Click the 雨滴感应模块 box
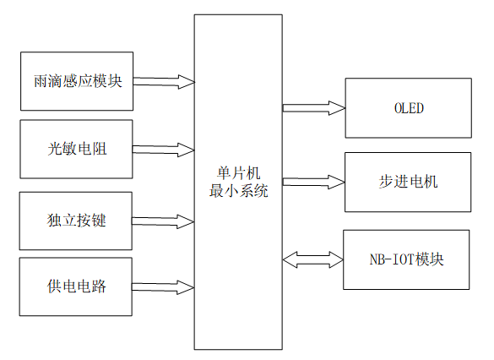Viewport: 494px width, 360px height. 76,81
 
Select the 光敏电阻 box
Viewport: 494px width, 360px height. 76,150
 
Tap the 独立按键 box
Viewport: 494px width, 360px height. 76,221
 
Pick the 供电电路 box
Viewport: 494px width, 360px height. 76,286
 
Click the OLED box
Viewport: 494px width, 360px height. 408,108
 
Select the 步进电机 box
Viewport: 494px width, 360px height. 408,182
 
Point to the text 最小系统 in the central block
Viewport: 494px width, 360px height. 239,191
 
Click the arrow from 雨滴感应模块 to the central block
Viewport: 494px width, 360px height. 164,82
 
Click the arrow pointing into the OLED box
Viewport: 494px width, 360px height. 313,107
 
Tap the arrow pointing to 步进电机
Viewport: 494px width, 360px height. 313,182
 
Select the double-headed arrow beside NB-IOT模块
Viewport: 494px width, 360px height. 313,259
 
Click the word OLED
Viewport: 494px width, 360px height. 408,109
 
